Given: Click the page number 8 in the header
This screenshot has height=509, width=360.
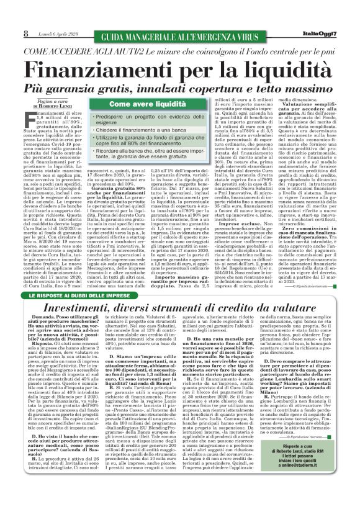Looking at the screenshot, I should tap(26, 33).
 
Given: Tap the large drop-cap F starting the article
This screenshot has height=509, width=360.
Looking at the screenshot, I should tap(30, 118).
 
